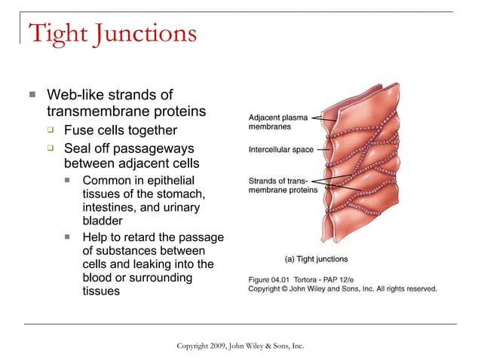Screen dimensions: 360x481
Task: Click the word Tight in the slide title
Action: [x=60, y=34]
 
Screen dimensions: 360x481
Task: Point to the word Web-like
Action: [x=75, y=96]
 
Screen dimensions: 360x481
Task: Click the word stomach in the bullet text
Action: [x=182, y=194]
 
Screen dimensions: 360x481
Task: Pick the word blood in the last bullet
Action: [x=99, y=278]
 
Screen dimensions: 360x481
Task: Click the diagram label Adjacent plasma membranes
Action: [x=278, y=123]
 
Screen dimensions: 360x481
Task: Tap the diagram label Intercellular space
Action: [x=281, y=150]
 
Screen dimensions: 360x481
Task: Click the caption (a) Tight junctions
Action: [x=316, y=259]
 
